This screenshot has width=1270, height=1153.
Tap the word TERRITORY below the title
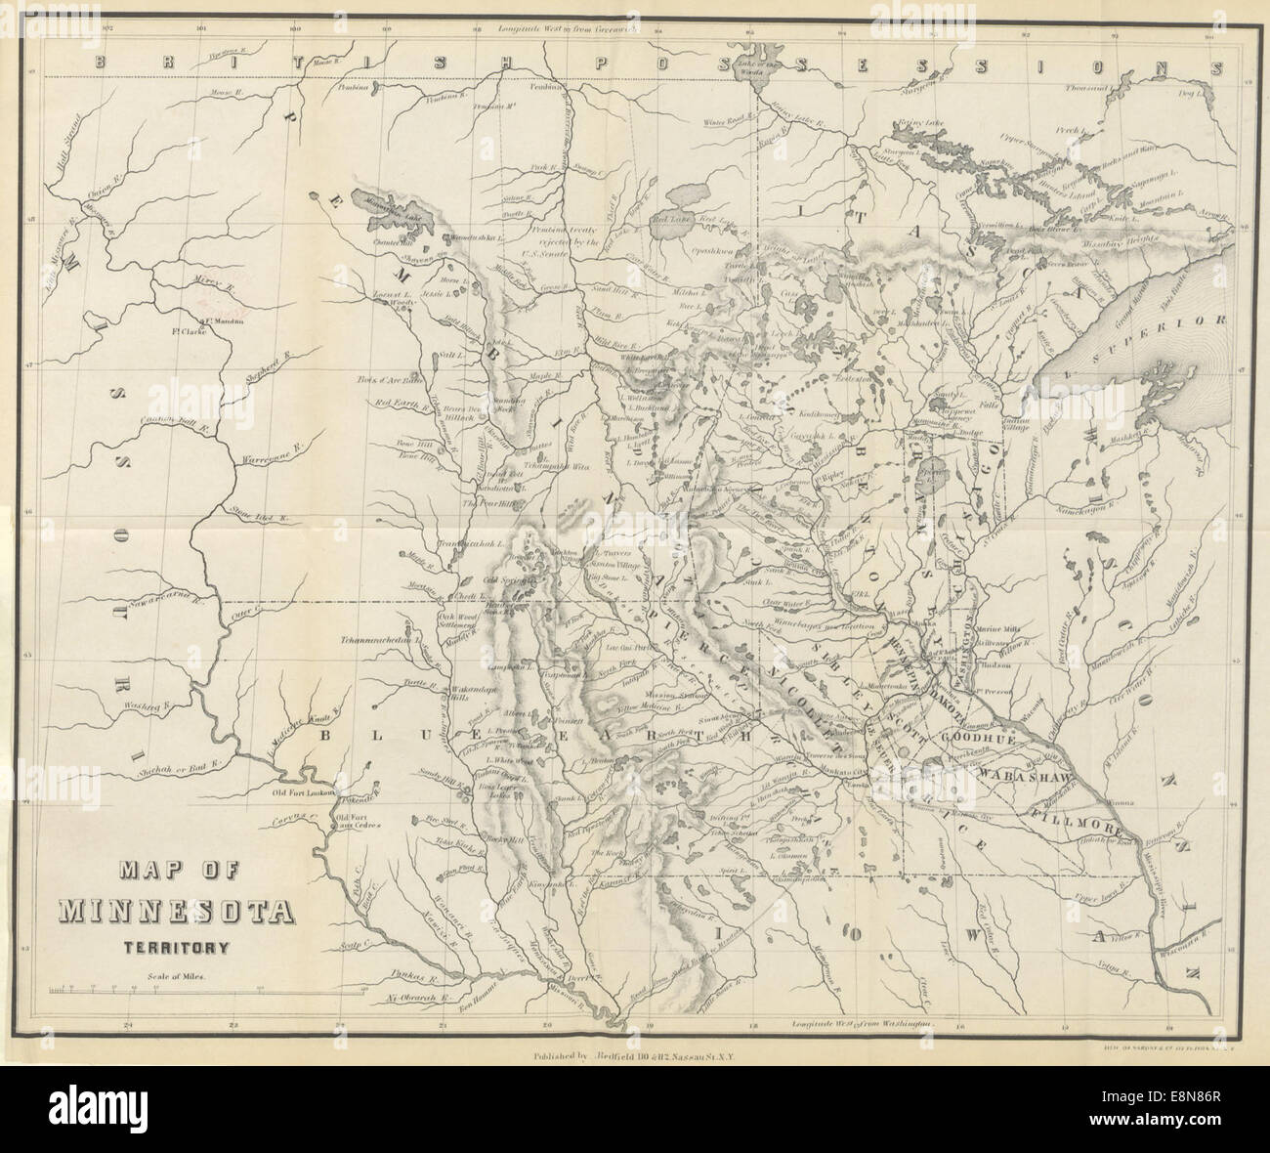coord(175,946)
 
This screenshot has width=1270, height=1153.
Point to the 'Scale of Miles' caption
coord(175,976)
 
